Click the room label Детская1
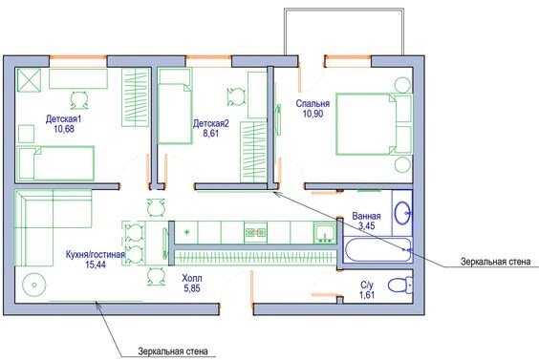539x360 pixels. [64, 118]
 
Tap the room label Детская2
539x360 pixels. [211, 123]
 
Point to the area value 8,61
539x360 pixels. [211, 136]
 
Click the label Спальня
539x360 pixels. [313, 103]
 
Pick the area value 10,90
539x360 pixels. [313, 114]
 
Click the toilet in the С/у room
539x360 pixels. [401, 284]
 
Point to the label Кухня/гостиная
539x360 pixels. [95, 256]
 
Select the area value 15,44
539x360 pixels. [95, 266]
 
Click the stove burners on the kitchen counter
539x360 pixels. [255, 231]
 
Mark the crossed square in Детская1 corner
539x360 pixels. [29, 79]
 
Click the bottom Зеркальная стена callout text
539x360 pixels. [173, 350]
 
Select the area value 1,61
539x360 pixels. [367, 297]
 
